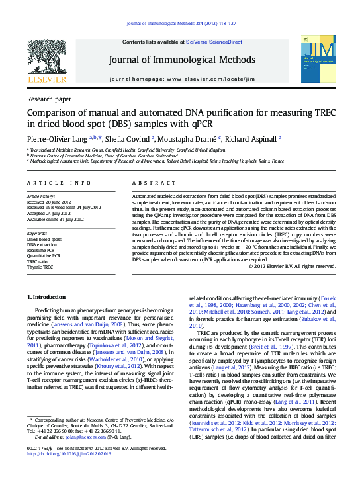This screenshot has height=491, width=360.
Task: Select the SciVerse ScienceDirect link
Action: (214, 42)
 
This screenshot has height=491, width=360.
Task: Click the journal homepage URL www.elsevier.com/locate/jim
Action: (200, 79)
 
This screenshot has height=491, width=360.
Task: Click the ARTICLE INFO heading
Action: (59, 183)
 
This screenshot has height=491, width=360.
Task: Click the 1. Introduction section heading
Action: (49, 316)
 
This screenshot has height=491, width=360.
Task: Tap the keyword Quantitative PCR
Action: (45, 256)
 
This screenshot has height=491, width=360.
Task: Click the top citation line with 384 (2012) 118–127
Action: (180, 24)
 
